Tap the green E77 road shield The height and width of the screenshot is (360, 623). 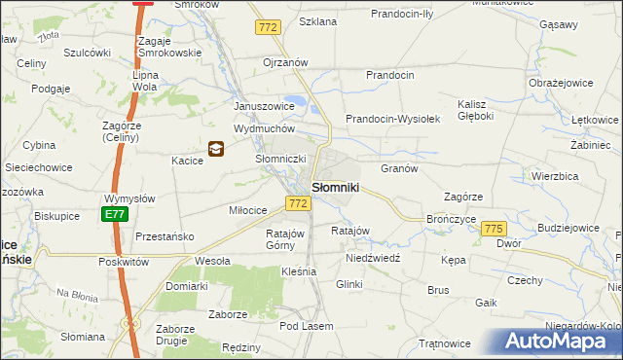[114, 215]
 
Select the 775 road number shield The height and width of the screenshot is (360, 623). [495, 228]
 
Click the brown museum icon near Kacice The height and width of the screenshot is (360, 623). [216, 149]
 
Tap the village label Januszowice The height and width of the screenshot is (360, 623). [263, 106]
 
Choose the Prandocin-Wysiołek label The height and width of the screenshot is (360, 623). [393, 119]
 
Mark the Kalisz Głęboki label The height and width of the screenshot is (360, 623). [479, 111]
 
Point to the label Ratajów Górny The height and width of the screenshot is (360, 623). [286, 239]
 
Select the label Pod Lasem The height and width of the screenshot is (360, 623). [306, 326]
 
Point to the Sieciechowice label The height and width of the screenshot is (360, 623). [38, 167]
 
